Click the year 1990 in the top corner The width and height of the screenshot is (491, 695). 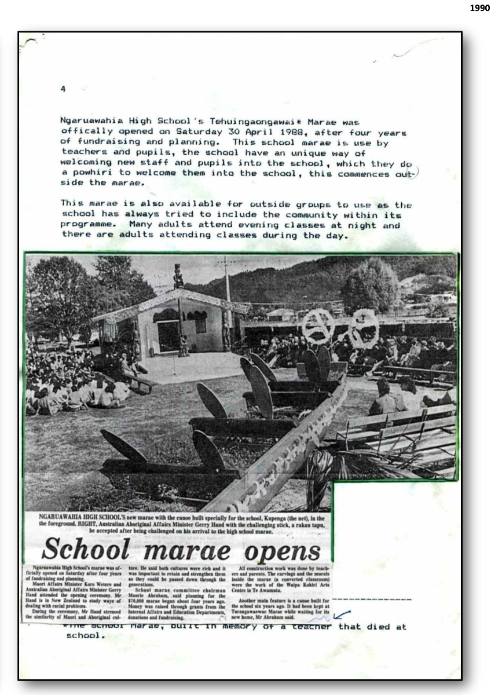pyautogui.click(x=478, y=8)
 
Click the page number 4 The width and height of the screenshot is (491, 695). pyautogui.click(x=63, y=89)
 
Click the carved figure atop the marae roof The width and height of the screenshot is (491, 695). pyautogui.click(x=178, y=276)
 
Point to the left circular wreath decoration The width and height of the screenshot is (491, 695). pyautogui.click(x=318, y=325)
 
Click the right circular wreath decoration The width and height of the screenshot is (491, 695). pyautogui.click(x=363, y=328)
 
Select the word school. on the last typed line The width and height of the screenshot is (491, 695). pyautogui.click(x=85, y=635)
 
